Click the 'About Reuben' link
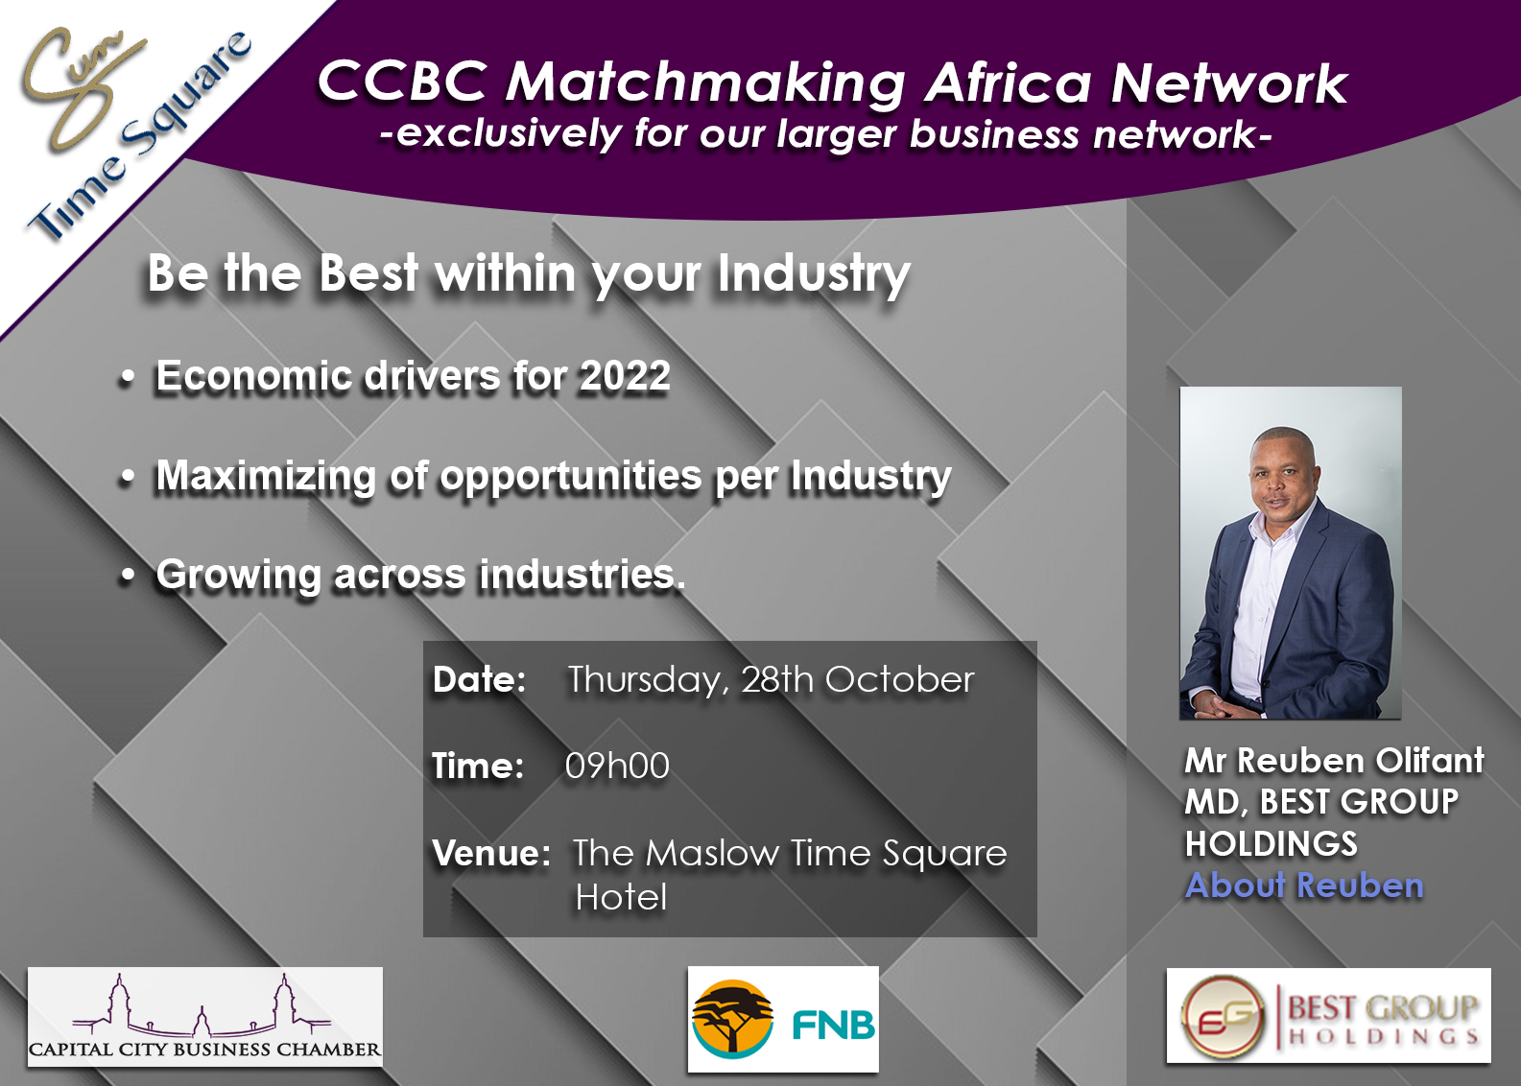click(x=1304, y=885)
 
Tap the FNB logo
click(x=783, y=1020)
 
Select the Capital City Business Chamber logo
click(x=205, y=1017)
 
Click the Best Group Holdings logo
click(x=1329, y=1016)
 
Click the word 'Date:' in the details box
click(x=480, y=679)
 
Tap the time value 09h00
click(x=617, y=766)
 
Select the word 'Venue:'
click(x=491, y=853)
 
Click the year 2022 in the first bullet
click(x=625, y=375)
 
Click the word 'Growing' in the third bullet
click(x=238, y=576)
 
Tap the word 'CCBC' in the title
click(x=403, y=83)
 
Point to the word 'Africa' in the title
click(x=1009, y=83)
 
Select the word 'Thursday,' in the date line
click(x=648, y=680)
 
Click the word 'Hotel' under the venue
click(x=621, y=897)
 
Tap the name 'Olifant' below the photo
click(x=1430, y=760)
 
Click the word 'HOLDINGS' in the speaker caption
click(x=1271, y=843)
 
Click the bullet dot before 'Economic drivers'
click(x=128, y=379)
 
